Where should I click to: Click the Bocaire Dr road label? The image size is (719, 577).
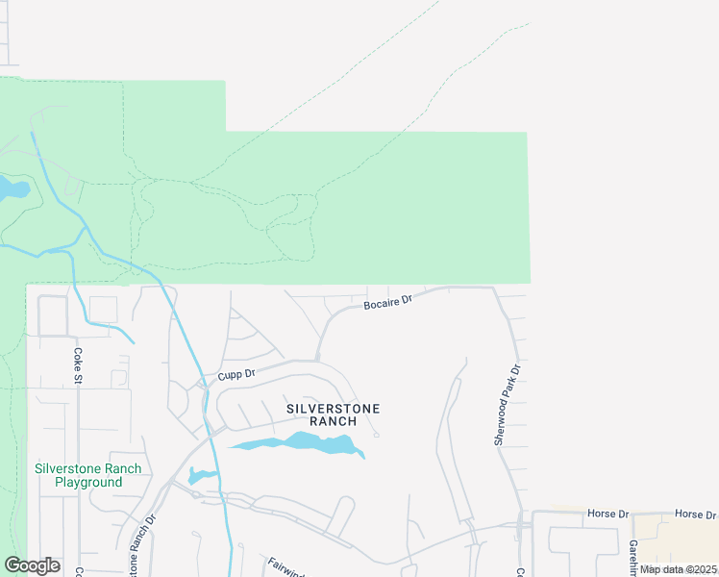(x=387, y=303)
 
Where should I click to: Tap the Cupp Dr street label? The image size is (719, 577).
(x=236, y=374)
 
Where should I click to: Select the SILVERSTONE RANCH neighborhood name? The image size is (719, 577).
(x=334, y=414)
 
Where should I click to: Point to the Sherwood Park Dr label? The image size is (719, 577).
(x=507, y=404)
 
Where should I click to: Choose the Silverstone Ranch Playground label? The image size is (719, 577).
(x=87, y=475)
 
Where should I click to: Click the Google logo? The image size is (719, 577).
(x=32, y=565)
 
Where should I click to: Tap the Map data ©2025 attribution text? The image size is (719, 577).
(x=678, y=569)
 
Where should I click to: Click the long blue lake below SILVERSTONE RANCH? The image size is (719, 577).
(x=298, y=443)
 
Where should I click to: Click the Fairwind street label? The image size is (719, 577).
(x=285, y=566)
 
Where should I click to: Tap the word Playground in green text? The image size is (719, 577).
(x=87, y=482)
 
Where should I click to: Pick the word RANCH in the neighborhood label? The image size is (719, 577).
(x=334, y=421)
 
